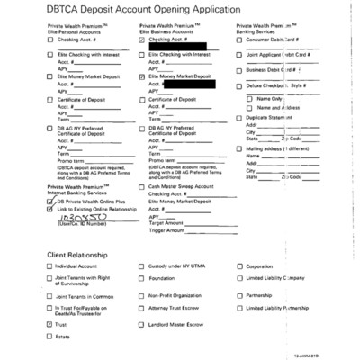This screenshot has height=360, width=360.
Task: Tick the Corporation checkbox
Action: click(238, 267)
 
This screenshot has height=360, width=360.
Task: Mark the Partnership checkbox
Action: click(238, 294)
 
